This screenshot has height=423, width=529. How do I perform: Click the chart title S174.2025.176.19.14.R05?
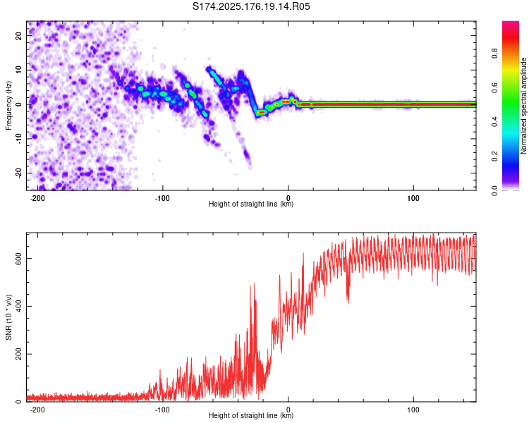[251, 6]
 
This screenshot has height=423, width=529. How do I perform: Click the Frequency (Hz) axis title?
[8, 106]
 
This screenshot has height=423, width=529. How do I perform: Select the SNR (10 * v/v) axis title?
[8, 317]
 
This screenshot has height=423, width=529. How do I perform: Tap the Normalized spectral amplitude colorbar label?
[523, 106]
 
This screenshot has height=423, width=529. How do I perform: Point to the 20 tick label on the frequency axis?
[18, 35]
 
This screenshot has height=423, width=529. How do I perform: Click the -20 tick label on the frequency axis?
[18, 173]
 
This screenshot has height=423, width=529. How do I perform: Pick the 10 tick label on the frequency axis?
[18, 70]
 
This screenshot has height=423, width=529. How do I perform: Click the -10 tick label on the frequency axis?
[18, 139]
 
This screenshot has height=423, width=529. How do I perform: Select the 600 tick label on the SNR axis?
[18, 259]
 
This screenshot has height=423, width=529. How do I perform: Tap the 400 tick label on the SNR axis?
[18, 306]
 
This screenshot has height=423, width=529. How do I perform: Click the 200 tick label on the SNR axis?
[18, 354]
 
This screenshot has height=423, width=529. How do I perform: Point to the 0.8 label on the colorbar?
[494, 53]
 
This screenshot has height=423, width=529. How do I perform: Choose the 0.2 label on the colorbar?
[494, 157]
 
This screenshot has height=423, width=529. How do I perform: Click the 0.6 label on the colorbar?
[494, 87]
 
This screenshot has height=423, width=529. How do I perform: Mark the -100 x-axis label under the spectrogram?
[162, 198]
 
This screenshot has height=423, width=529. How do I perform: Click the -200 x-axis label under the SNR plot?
[37, 410]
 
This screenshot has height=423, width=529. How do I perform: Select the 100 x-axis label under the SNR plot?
[413, 410]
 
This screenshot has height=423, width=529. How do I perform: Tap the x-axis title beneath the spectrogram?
[251, 204]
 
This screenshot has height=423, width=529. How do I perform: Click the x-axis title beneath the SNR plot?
[251, 415]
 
